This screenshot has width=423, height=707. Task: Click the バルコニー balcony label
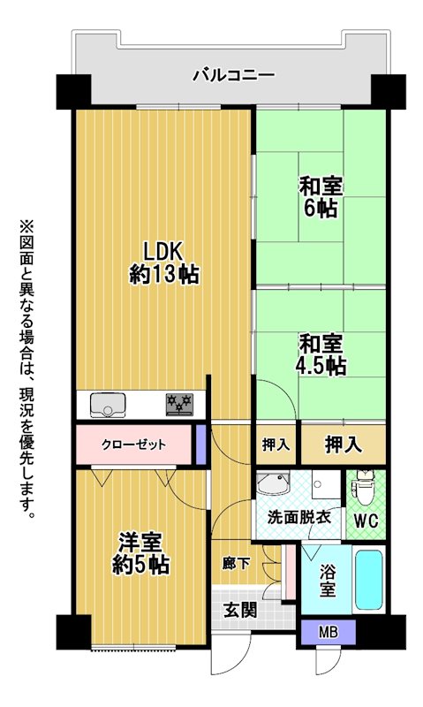pos(234,75)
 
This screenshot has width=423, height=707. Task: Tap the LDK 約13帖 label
pos(164,262)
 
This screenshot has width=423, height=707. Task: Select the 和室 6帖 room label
pos(321,197)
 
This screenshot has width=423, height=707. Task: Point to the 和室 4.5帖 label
pos(321,354)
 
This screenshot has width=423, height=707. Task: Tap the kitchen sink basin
pos(108,405)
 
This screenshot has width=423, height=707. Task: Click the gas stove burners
pos(180,404)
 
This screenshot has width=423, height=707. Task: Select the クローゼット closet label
pos(134,445)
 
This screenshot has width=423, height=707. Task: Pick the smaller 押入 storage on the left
pos(276,445)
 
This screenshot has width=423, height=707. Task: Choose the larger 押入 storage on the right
pos(344,445)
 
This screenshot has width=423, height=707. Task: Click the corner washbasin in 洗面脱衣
pos(273,483)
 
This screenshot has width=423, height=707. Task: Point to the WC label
pos(366,521)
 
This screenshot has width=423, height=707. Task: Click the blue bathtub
pos(369,579)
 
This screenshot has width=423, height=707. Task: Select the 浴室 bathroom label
pos(328,581)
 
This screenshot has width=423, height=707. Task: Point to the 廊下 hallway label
pos(237,563)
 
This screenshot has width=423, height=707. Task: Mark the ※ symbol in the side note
pos(26,226)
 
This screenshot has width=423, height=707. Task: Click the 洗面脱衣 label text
pos(299,517)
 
